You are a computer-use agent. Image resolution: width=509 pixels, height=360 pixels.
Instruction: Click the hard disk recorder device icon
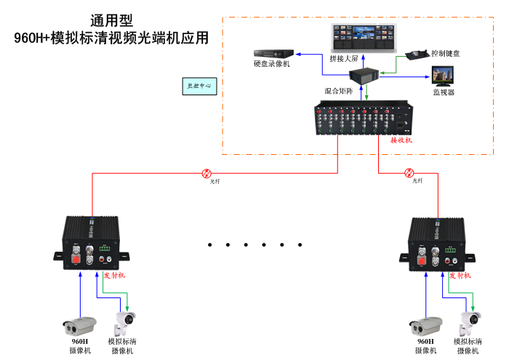(x=273, y=53)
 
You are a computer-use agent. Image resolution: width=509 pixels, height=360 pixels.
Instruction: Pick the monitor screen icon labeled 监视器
(x=443, y=76)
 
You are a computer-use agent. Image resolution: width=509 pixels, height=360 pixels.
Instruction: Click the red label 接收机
(x=401, y=140)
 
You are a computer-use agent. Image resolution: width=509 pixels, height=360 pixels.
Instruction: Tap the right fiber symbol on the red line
(x=409, y=173)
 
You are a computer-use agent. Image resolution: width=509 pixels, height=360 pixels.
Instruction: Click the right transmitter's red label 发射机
(x=460, y=276)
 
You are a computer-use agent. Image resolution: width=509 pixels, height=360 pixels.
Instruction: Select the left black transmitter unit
(x=92, y=241)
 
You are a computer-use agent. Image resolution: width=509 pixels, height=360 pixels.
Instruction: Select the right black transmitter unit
(x=437, y=241)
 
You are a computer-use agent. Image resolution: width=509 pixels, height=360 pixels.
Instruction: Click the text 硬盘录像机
(x=272, y=65)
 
